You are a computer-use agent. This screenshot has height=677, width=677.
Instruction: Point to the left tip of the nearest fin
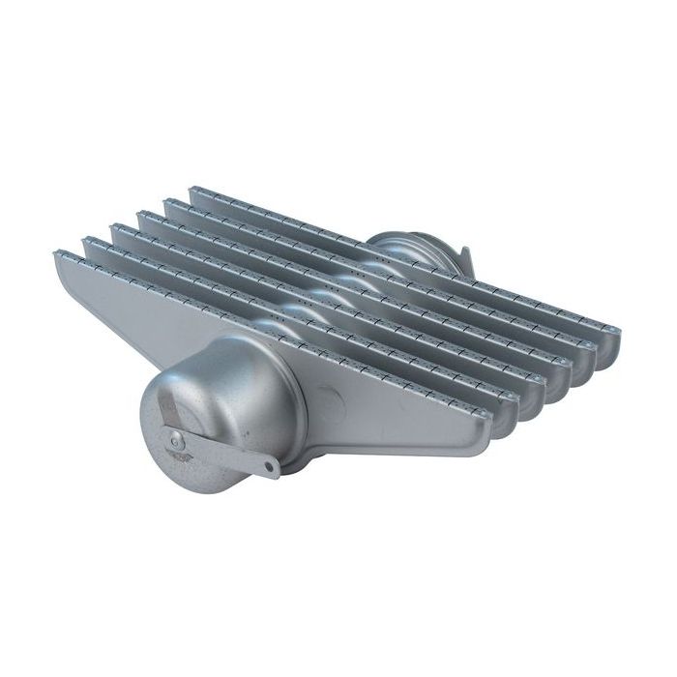pos(58,254)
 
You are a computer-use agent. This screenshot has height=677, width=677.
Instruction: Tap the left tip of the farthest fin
pos(194,191)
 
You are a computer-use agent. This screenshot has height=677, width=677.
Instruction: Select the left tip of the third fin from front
pos(116,228)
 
